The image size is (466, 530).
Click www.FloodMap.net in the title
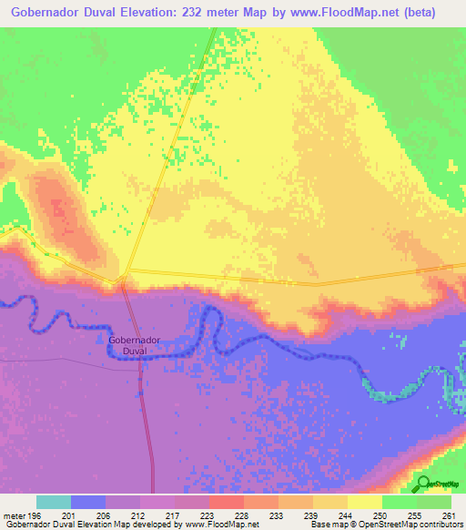[341, 13]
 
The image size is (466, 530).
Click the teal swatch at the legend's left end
[54, 501]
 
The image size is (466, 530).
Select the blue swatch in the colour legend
[88, 501]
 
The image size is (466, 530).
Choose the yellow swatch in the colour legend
[365, 501]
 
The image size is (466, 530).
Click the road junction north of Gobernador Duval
[125, 274]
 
